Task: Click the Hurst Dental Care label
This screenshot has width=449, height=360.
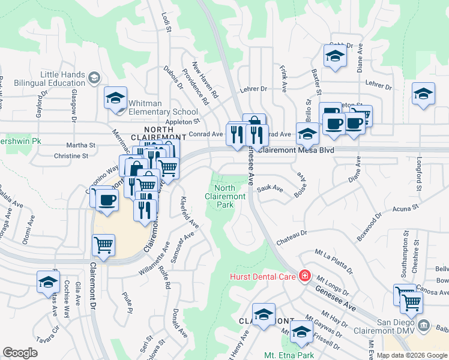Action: [263, 277]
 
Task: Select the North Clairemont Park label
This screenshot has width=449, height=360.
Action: [225, 196]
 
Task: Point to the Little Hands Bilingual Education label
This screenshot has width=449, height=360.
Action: [62, 78]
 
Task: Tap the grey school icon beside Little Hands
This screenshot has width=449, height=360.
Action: [94, 77]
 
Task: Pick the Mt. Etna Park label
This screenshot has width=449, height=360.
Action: [289, 355]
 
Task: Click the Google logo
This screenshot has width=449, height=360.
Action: [20, 353]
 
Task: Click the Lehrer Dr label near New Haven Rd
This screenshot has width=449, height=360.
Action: [255, 89]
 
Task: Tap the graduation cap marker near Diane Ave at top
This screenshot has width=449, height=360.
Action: [334, 56]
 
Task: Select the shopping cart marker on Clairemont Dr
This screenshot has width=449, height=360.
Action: [104, 245]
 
